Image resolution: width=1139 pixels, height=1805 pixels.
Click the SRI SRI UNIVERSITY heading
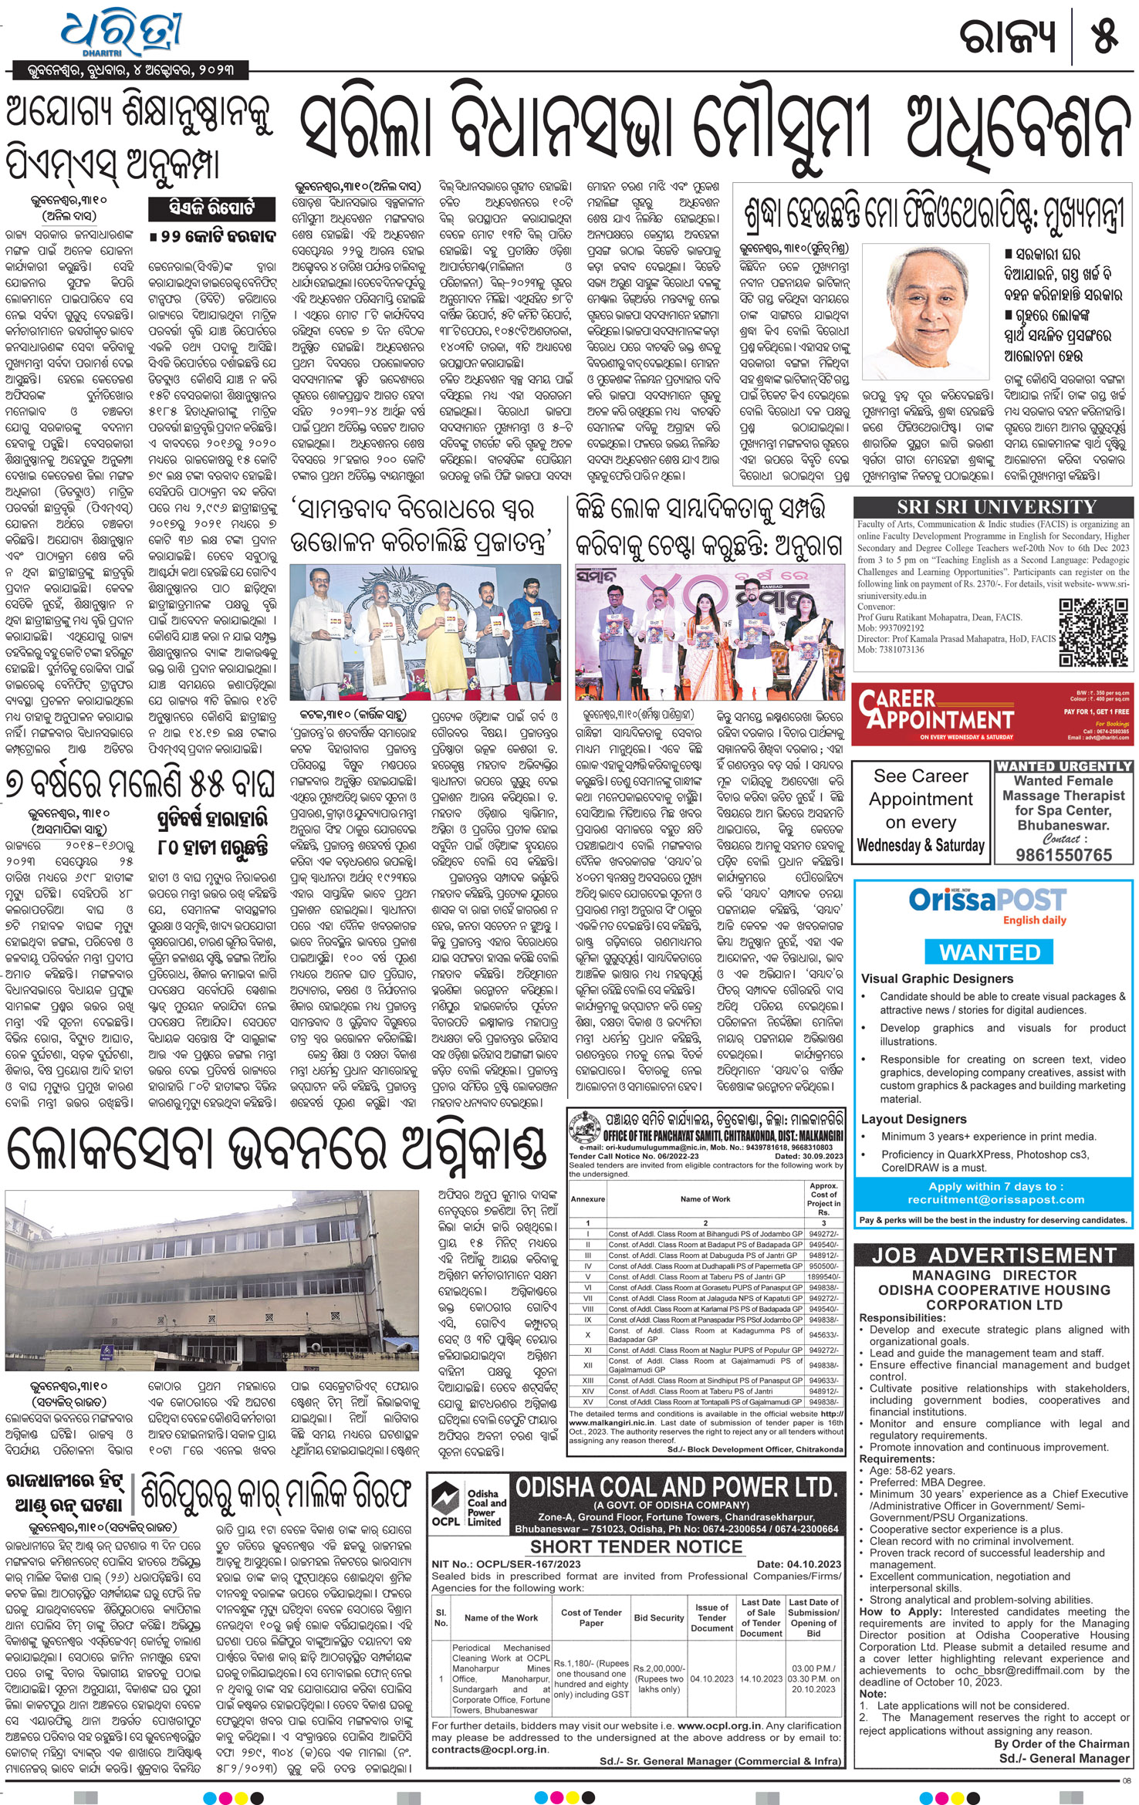pyautogui.click(x=996, y=507)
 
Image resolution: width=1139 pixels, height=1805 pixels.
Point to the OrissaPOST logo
pyautogui.click(x=987, y=901)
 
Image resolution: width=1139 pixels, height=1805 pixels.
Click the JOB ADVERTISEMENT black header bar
pyautogui.click(x=993, y=1256)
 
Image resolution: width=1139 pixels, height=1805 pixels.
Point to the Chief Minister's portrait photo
pyautogui.click(x=924, y=312)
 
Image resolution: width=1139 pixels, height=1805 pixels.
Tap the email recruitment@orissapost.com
pyautogui.click(x=995, y=1200)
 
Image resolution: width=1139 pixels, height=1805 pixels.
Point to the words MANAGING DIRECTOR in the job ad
pyautogui.click(x=993, y=1275)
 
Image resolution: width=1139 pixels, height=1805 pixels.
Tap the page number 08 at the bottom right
pyautogui.click(x=1127, y=1781)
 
